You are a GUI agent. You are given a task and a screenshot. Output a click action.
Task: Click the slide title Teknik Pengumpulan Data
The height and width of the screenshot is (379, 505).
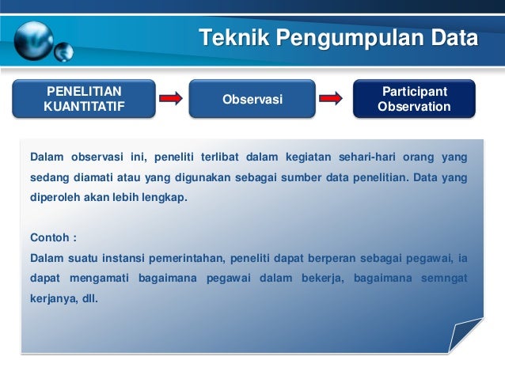pyautogui.click(x=338, y=38)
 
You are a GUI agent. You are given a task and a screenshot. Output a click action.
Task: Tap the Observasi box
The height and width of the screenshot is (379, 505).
pyautogui.click(x=252, y=99)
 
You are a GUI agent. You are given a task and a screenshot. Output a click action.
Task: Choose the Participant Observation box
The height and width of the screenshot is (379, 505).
pyautogui.click(x=414, y=99)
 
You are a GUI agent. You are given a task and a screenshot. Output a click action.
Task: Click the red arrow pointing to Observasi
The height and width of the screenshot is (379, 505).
pyautogui.click(x=171, y=99)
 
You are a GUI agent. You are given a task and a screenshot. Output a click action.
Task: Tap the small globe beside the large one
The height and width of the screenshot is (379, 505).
pyautogui.click(x=64, y=52)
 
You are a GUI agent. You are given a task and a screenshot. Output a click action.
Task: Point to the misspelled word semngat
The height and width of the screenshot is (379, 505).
pyautogui.click(x=443, y=278)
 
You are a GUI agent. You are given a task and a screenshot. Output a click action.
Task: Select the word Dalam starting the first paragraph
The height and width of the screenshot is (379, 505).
pyautogui.click(x=46, y=155)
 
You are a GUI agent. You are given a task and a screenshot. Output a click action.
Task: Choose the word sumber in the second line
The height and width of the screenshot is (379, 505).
pyautogui.click(x=321, y=176)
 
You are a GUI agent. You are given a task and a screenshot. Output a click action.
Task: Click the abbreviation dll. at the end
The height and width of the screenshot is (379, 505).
pyautogui.click(x=88, y=299)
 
